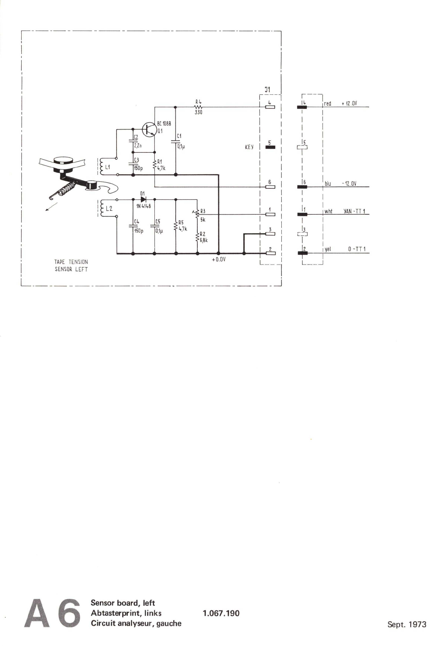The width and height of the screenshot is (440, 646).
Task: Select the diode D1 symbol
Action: tap(143, 200)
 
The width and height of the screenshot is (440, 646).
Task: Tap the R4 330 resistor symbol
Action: tap(199, 107)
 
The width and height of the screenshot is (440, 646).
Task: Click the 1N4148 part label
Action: tap(143, 207)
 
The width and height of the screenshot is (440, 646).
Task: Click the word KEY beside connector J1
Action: tap(249, 147)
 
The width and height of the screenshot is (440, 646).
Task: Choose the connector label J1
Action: tap(267, 90)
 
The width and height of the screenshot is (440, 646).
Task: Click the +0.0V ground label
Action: tap(219, 260)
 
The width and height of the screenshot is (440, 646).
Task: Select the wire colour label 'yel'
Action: tap(328, 250)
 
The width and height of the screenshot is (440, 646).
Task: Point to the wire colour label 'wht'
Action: tap(328, 212)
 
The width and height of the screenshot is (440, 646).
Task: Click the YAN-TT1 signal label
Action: tap(354, 212)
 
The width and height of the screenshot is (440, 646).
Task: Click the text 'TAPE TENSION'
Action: tap(71, 262)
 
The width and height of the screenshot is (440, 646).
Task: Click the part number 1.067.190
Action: tap(221, 613)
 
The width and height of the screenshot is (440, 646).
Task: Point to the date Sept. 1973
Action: tap(407, 624)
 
